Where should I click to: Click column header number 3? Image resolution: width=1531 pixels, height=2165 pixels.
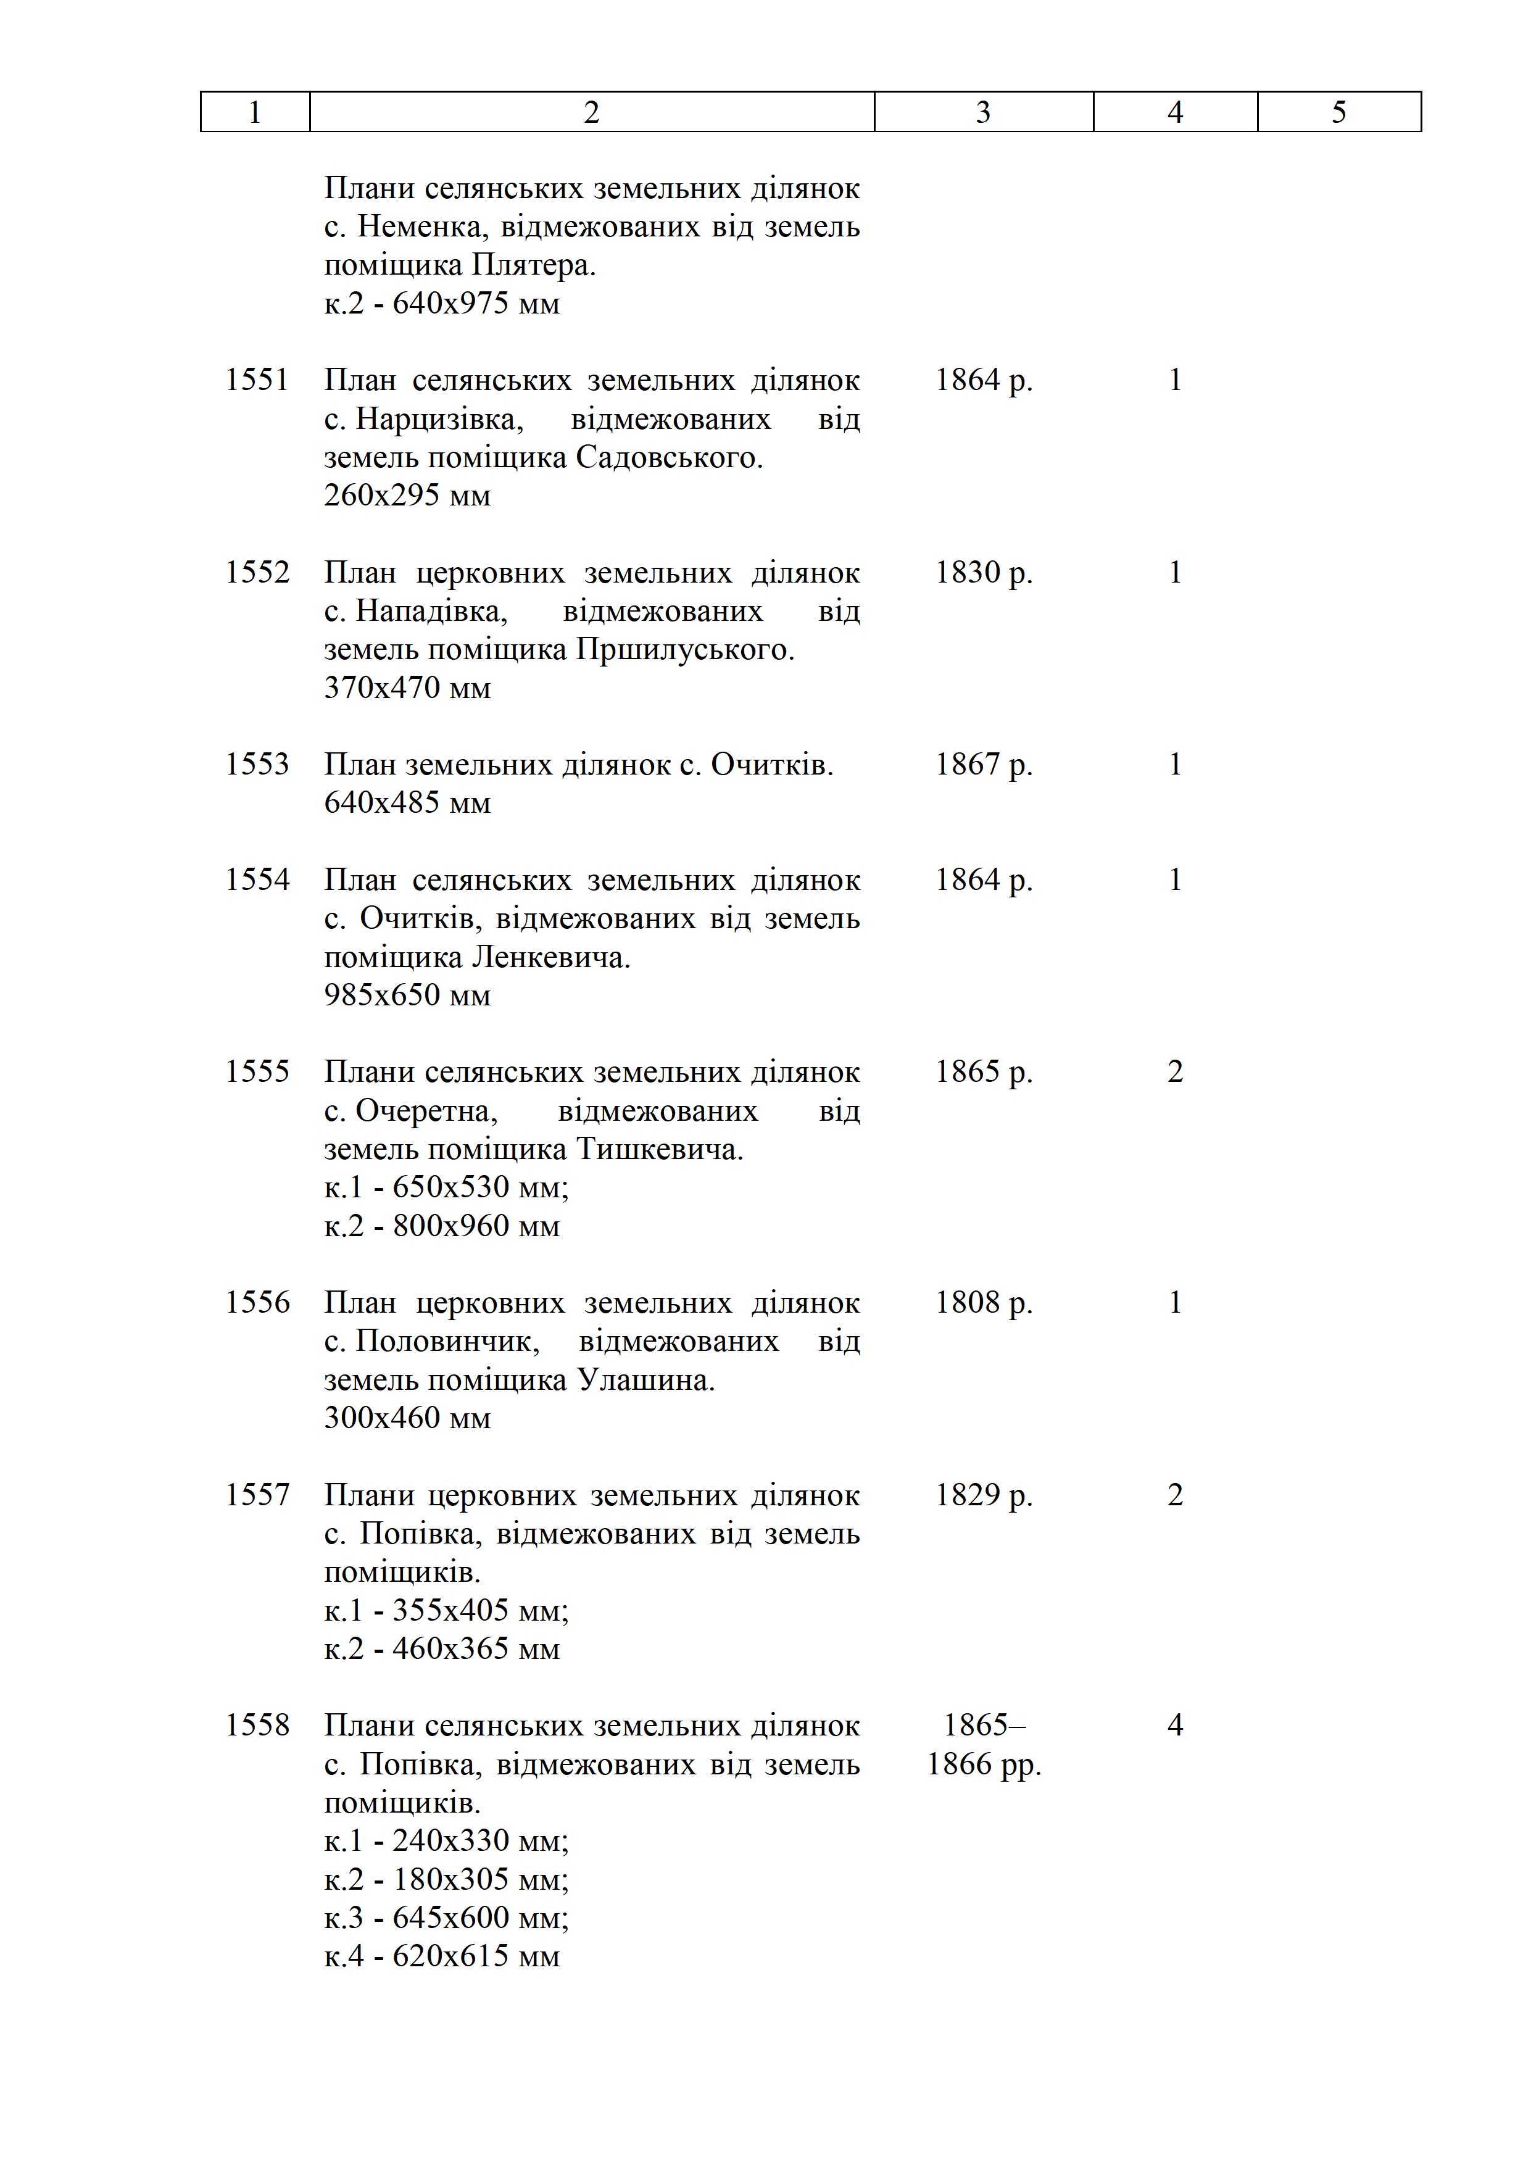tap(982, 112)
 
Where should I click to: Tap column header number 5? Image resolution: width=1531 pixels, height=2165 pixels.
tap(1338, 112)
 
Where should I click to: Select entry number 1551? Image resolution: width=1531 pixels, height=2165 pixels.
tap(257, 380)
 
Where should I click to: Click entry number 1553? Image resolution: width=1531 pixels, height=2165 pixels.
tap(257, 764)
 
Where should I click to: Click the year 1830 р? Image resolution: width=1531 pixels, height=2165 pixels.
tap(983, 572)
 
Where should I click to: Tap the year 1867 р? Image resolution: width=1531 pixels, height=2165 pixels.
tap(983, 764)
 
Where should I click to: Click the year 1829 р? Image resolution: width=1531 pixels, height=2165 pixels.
tap(983, 1495)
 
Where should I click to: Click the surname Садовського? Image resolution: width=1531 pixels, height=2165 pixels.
tap(668, 457)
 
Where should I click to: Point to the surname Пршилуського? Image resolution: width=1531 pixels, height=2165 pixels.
tap(684, 650)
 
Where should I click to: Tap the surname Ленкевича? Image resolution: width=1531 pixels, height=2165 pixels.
tap(550, 957)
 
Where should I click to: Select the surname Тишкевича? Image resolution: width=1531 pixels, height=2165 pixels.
tap(659, 1149)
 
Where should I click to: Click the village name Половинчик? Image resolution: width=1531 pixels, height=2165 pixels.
tap(447, 1341)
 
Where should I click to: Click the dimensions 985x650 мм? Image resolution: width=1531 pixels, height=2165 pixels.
tap(407, 995)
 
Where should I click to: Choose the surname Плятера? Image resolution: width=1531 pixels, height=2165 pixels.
tap(533, 266)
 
